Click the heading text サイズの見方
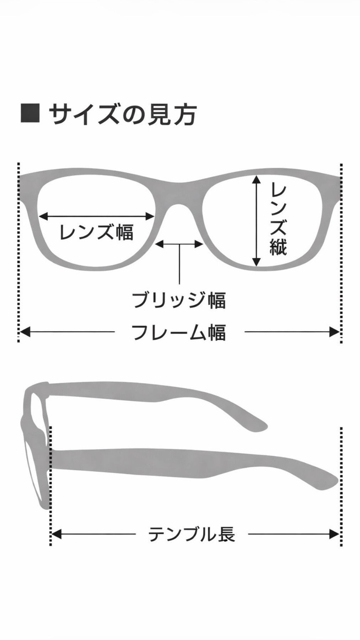point(123,114)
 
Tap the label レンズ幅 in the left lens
point(96,232)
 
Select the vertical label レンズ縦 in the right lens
point(278,218)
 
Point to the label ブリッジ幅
point(179,300)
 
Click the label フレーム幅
point(179,332)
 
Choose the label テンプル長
point(191,534)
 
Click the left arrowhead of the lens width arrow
point(43,216)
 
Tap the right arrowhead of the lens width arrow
point(150,216)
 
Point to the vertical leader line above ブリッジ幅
point(179,264)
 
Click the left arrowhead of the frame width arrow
point(24,332)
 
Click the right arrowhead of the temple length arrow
point(335,534)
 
